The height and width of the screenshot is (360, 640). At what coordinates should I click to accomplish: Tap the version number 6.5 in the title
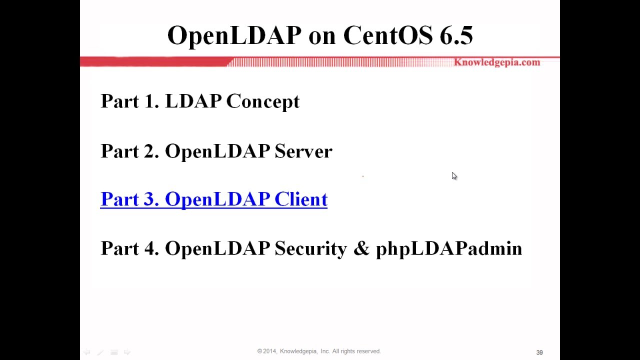point(456,35)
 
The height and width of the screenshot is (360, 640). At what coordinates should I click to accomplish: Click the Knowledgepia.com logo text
point(496,62)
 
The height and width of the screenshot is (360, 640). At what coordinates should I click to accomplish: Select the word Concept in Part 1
point(262,101)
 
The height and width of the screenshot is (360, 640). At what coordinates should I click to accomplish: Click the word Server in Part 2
point(303,151)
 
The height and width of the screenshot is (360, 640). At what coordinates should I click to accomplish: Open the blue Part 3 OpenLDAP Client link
point(213,199)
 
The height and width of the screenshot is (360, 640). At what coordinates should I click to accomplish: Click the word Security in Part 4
point(310,248)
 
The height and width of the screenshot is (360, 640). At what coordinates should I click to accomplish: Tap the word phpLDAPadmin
point(448,248)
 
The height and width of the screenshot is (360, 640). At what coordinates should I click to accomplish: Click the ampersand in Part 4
point(361,248)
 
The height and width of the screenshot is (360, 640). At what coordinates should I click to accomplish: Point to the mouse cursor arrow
point(454,175)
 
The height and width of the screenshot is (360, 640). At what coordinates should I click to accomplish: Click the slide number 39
point(539,352)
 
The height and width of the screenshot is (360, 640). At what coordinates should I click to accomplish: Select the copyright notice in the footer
point(319,351)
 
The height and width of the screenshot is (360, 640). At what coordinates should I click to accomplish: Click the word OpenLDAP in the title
point(234,35)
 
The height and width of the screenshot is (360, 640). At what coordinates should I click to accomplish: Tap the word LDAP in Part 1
point(192,101)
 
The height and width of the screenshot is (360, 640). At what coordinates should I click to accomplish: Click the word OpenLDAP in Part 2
point(217,151)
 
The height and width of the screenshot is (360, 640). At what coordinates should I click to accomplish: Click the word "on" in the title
point(322,35)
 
